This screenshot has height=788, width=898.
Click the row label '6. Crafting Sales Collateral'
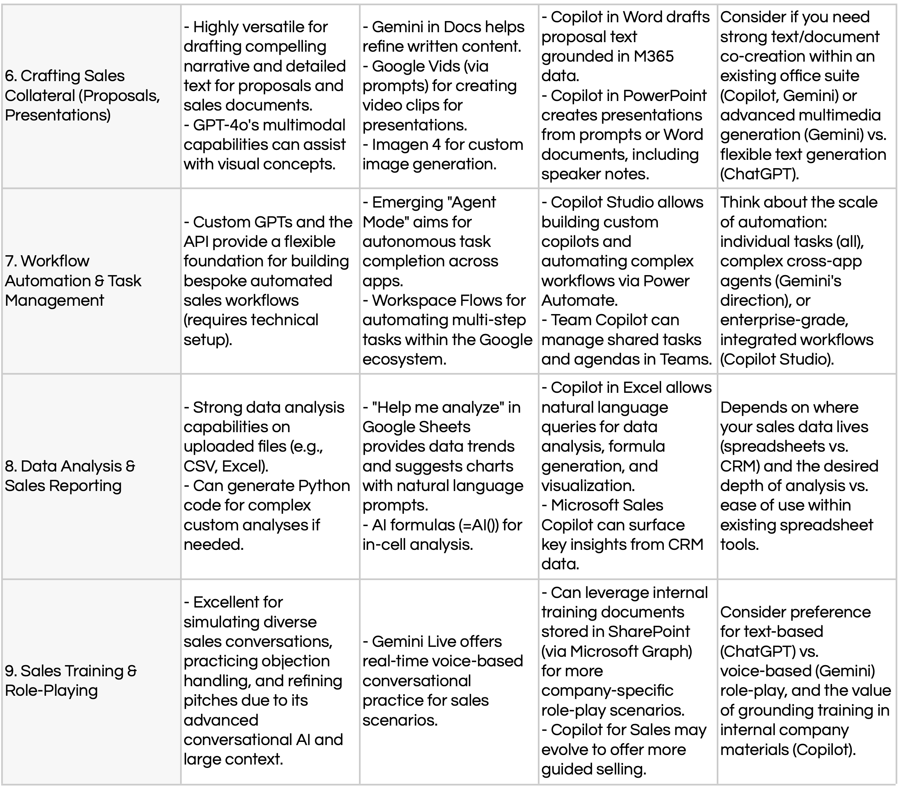(82, 95)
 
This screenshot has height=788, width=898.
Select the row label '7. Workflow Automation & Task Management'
(73, 280)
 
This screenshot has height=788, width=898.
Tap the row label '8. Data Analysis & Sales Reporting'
(70, 476)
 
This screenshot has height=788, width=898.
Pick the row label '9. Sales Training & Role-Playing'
(71, 680)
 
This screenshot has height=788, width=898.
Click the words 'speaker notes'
(594, 174)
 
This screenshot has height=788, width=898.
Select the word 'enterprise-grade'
(784, 320)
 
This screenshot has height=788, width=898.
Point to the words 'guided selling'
(593, 769)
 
